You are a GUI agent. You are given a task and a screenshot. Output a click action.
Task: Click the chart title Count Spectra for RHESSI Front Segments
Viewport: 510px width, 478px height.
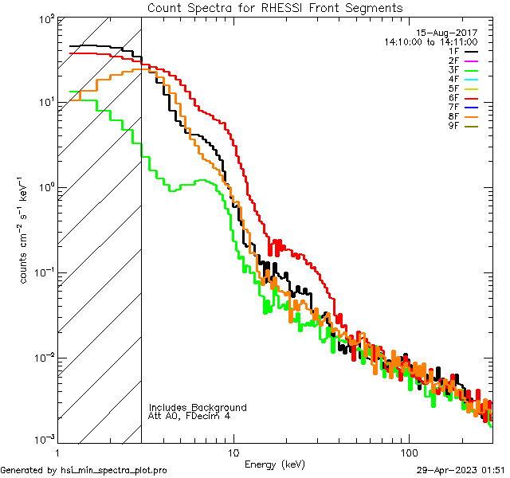[275, 7]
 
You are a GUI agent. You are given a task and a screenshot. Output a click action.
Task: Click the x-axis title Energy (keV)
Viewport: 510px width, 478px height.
[274, 464]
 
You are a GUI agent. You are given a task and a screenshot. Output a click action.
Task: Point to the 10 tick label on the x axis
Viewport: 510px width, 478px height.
[233, 451]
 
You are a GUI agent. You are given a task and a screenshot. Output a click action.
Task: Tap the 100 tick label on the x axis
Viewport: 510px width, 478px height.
[409, 451]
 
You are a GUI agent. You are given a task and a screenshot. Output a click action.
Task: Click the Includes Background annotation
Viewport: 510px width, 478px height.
[198, 408]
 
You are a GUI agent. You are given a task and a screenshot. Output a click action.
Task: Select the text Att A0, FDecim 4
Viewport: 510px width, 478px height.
[190, 417]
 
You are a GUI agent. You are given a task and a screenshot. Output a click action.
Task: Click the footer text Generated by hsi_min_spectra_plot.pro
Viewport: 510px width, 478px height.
[84, 471]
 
